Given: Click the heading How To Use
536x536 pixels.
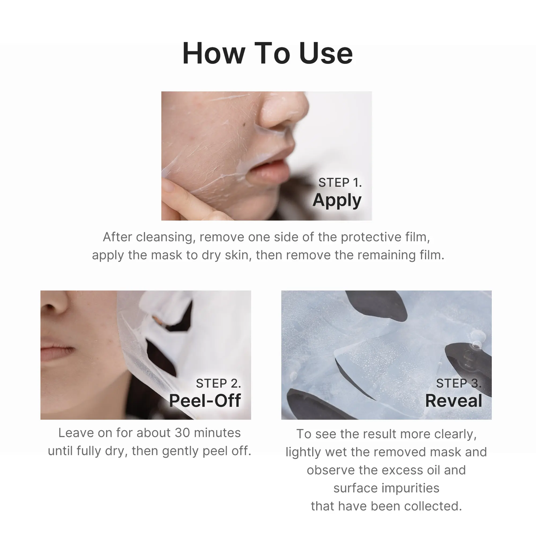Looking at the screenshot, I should (268, 53).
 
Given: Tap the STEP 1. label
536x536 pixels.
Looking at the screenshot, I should (340, 182).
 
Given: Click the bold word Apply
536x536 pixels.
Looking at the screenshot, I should (337, 200).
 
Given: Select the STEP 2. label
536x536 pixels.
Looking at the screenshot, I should (218, 383).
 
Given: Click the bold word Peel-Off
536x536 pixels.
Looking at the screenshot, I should (205, 401).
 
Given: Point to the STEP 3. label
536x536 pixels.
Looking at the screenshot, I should (459, 383).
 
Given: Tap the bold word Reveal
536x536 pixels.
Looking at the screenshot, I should (453, 401).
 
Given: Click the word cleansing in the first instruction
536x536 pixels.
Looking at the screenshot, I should (165, 237).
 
